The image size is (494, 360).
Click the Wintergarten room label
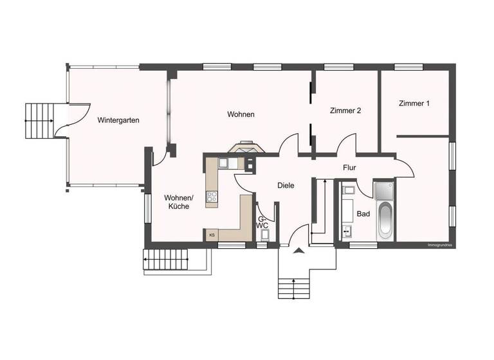119,120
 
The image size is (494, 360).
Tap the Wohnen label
241,114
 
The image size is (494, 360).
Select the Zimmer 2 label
345,111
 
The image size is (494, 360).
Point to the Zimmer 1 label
414,104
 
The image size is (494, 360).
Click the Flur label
349,168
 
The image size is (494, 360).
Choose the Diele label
286,185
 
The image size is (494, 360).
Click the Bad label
363,214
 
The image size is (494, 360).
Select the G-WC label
262,221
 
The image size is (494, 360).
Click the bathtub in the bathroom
385,220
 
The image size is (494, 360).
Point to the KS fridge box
211,235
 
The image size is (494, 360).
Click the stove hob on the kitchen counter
212,197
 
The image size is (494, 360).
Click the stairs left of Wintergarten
39,120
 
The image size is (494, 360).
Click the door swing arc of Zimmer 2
347,143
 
